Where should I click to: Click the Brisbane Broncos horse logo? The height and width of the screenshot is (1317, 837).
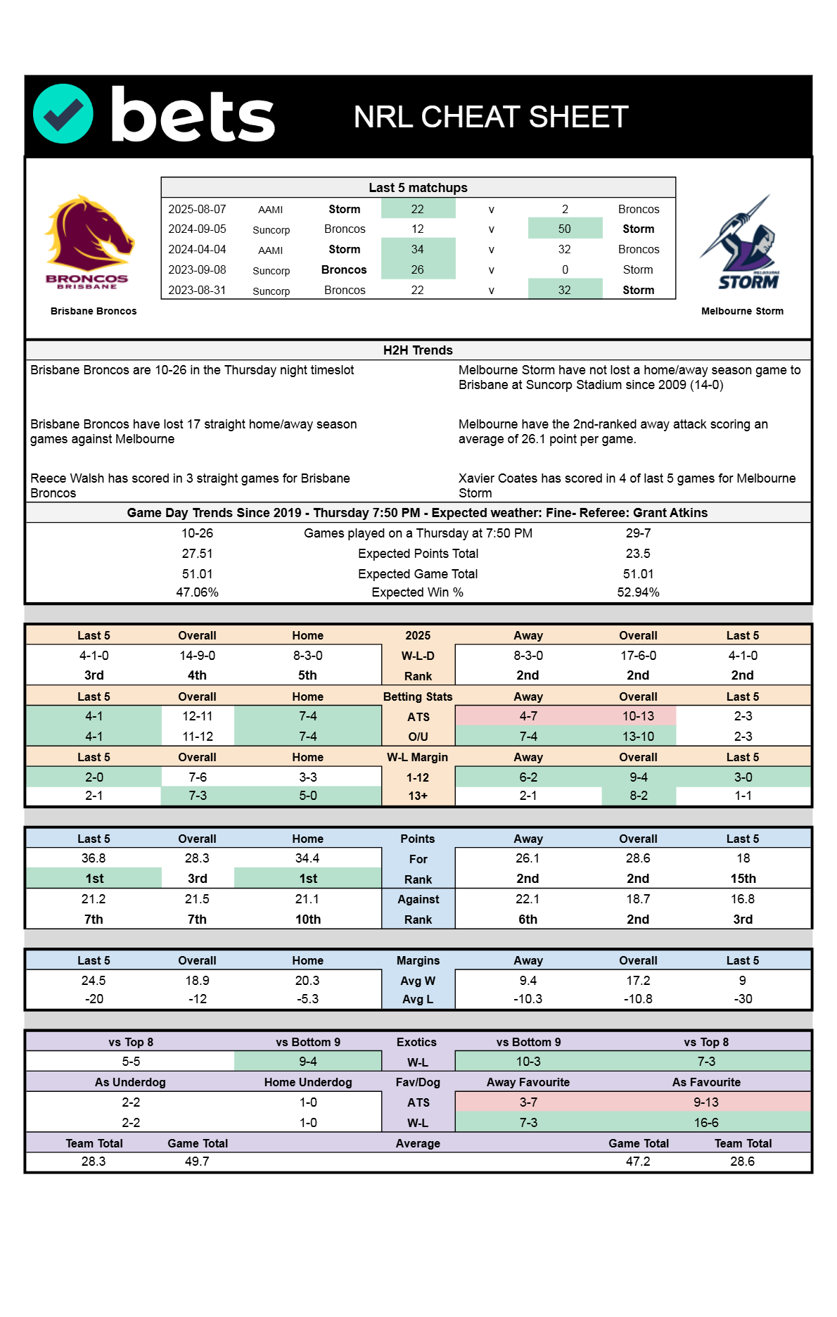(89, 241)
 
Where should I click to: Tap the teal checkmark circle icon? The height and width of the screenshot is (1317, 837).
(63, 114)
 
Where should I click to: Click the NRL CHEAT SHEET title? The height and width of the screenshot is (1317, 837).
(490, 117)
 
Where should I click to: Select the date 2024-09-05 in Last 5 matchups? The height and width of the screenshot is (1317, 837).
(197, 229)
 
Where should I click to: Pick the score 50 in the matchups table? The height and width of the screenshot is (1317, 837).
(564, 229)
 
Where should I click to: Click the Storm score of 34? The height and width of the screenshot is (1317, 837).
(417, 250)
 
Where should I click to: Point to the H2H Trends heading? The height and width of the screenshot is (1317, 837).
(418, 350)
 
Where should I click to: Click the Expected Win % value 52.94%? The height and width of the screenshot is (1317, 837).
(638, 592)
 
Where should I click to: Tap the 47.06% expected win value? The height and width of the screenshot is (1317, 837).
(197, 592)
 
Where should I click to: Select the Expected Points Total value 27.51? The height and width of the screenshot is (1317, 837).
(197, 554)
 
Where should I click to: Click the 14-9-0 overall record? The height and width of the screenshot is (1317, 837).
(197, 656)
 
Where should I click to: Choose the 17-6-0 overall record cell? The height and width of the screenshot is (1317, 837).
(638, 656)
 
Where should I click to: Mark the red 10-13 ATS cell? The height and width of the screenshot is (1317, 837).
(638, 716)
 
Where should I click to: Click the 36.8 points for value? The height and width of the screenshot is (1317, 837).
(94, 858)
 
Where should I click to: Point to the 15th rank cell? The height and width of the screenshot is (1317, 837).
(743, 879)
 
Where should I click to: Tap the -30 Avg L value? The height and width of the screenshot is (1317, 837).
(743, 999)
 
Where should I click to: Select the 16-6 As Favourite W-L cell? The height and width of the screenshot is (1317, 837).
(706, 1123)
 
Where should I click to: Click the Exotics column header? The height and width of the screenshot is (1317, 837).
(416, 1042)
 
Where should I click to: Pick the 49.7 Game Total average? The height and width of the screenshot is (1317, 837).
(197, 1162)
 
